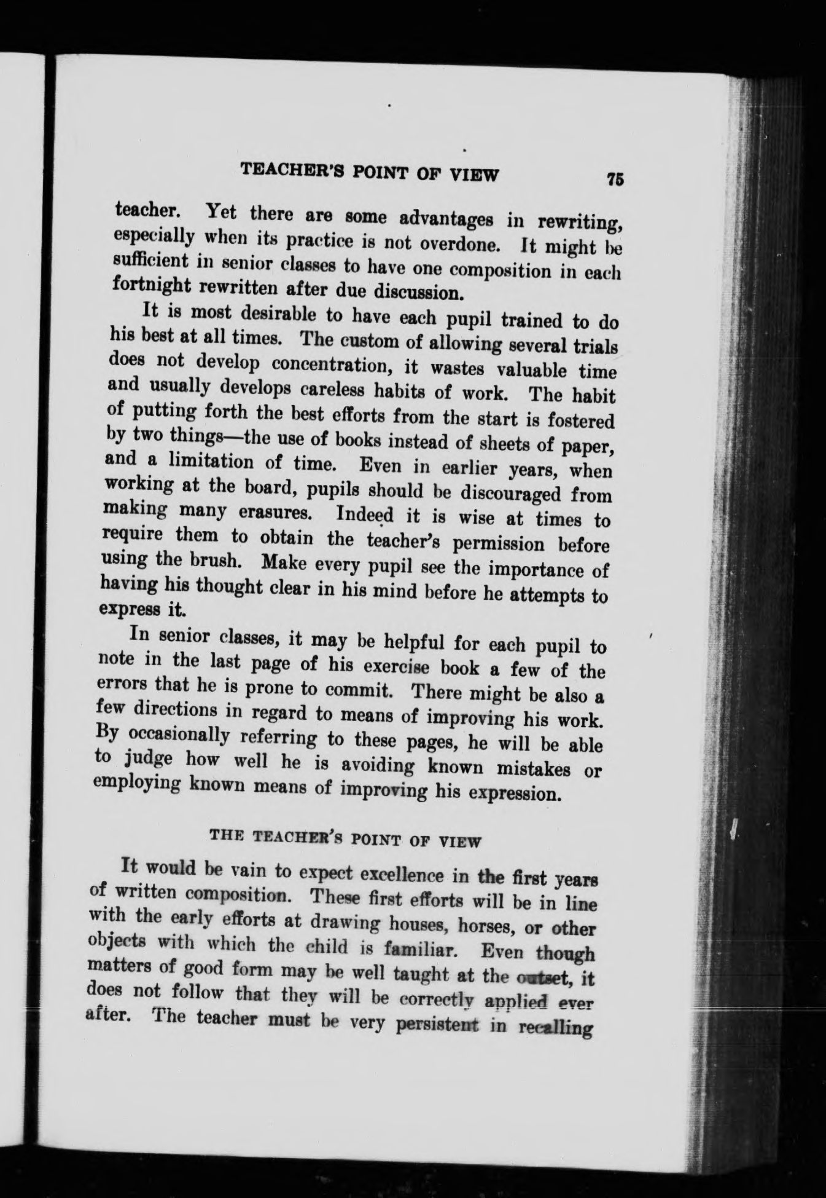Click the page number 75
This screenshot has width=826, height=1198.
pyautogui.click(x=615, y=179)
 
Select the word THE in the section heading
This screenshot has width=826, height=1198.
pyautogui.click(x=224, y=835)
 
